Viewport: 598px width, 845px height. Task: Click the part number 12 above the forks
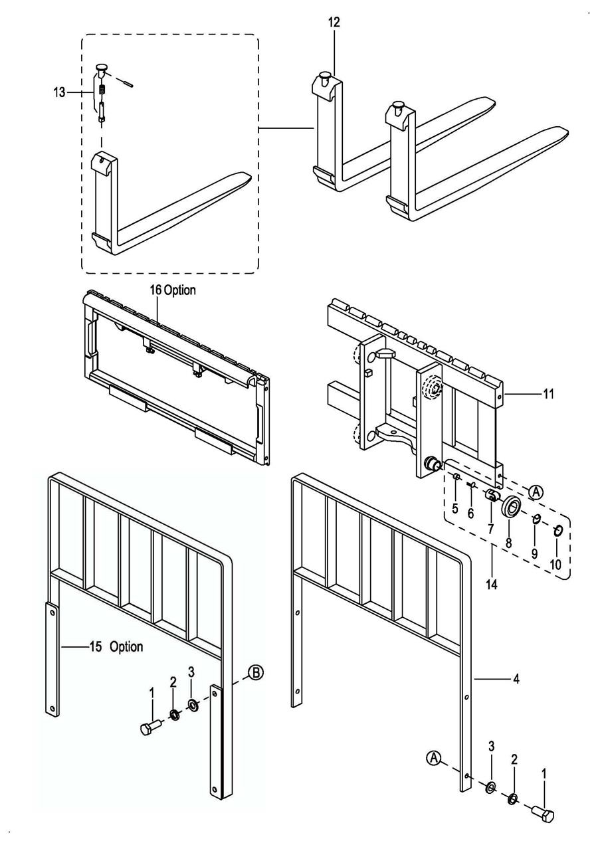pyautogui.click(x=334, y=23)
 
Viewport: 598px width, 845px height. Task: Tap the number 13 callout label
pyautogui.click(x=59, y=92)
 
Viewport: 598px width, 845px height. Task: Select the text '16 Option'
pyautogui.click(x=173, y=290)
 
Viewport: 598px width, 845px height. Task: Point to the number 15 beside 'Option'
pyautogui.click(x=96, y=646)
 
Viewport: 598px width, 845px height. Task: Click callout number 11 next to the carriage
pyautogui.click(x=548, y=394)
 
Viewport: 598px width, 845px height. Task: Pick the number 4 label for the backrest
pyautogui.click(x=516, y=680)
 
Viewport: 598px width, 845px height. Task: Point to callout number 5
pyautogui.click(x=454, y=508)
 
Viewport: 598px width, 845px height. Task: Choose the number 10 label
pyautogui.click(x=555, y=565)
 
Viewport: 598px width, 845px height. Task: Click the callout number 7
pyautogui.click(x=490, y=529)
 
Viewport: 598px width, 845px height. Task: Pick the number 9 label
pyautogui.click(x=534, y=553)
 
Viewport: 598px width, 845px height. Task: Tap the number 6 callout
pyautogui.click(x=470, y=514)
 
